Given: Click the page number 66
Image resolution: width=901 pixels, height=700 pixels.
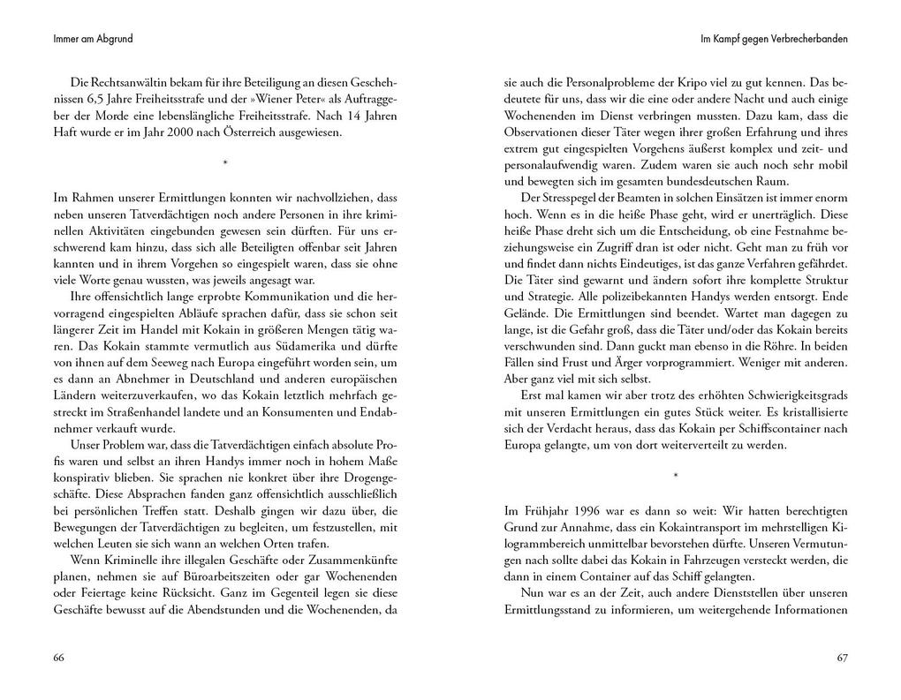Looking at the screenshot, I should point(58,658).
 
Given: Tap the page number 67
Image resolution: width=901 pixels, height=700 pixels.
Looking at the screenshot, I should point(842,658).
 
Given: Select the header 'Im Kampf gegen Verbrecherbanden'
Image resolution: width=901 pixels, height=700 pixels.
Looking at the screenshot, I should point(774,40).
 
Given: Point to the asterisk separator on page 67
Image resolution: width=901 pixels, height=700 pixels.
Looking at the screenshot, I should point(676,477).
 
